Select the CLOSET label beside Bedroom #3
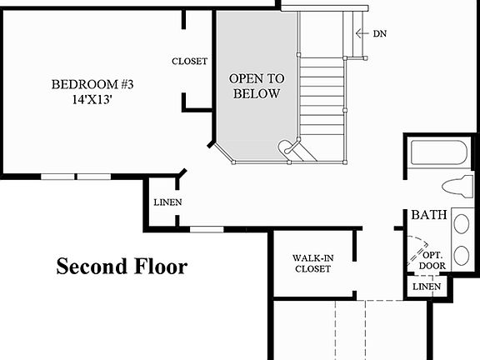[189, 62]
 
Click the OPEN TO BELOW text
[257, 86]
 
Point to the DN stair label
[379, 33]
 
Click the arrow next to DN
[362, 33]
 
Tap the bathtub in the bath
[438, 153]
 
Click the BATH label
[428, 216]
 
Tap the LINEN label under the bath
[427, 287]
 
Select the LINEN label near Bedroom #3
[167, 202]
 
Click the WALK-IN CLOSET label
[312, 262]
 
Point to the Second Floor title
[122, 267]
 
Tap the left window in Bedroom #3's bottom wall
[57, 176]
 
